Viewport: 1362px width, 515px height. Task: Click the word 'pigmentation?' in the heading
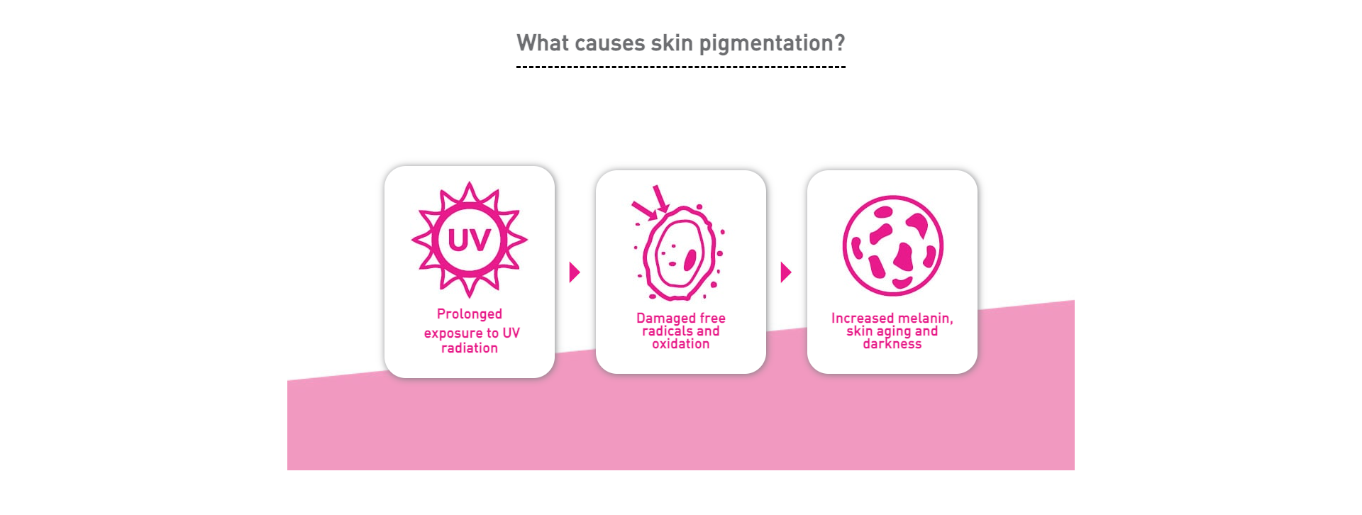coord(772,44)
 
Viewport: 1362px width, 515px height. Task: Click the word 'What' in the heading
coord(543,43)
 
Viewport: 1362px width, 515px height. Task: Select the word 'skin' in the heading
coord(672,43)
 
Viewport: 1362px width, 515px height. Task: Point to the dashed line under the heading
coord(681,67)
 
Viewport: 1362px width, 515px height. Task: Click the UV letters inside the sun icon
coord(469,240)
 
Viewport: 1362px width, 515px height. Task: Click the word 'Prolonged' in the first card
coord(470,314)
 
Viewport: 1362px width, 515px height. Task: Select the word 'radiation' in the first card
coord(470,348)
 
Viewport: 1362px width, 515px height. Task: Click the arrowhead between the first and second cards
coord(575,272)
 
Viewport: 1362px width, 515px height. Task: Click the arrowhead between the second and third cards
coord(786,272)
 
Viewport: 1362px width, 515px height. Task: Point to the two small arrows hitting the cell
coord(651,201)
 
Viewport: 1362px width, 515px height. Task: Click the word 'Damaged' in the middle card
coord(665,319)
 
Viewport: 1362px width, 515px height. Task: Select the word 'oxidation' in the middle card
coord(681,344)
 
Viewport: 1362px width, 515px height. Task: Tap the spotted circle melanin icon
coord(892,245)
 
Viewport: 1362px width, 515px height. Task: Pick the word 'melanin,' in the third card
coord(925,319)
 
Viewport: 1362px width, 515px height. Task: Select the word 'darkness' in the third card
coord(892,344)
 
